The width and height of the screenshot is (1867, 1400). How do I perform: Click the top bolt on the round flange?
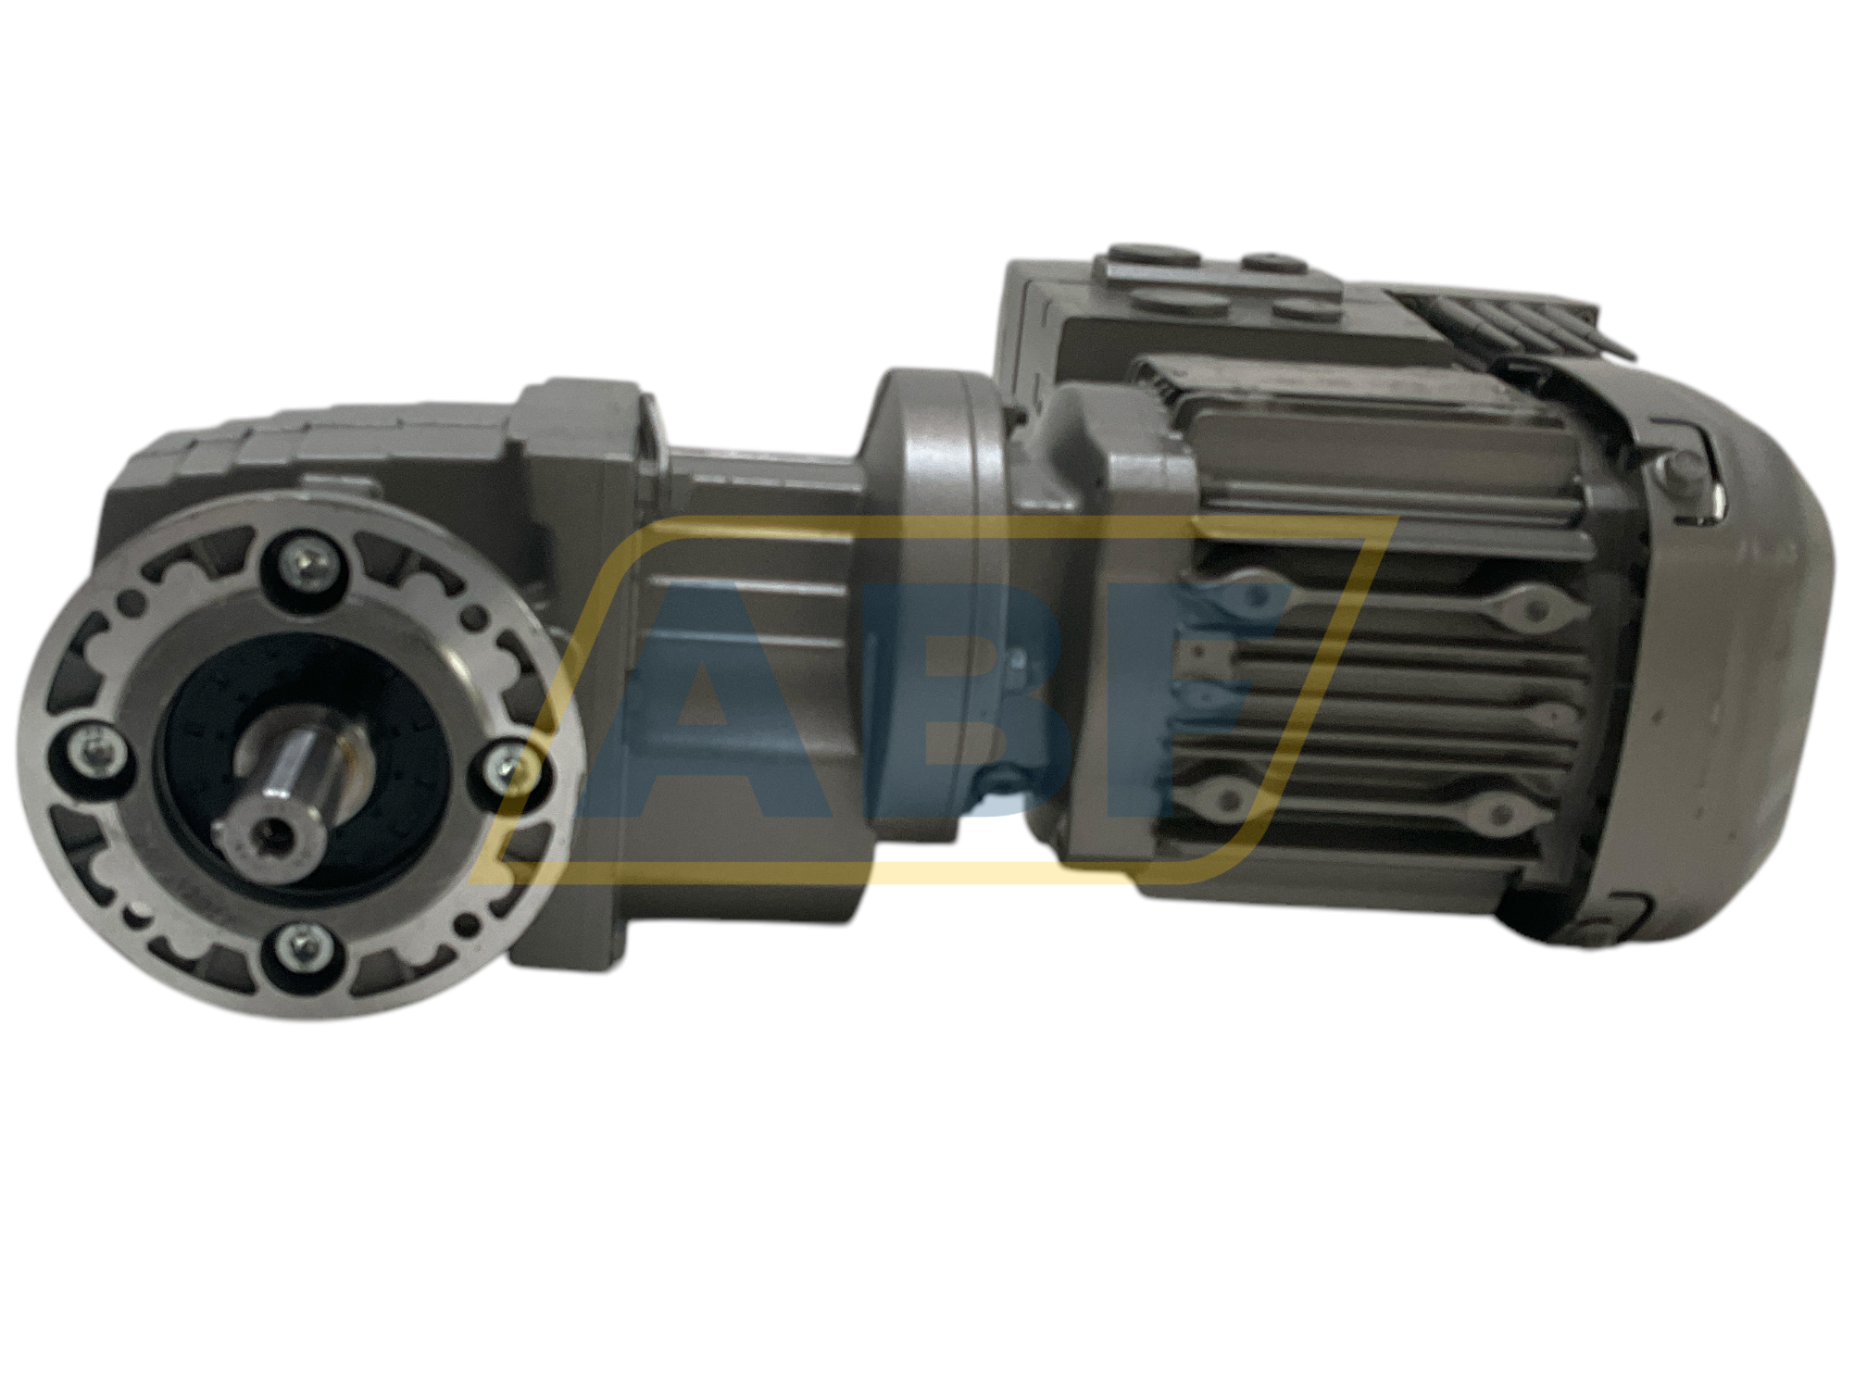(x=307, y=559)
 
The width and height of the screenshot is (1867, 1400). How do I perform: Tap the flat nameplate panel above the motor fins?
(x=1371, y=454)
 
